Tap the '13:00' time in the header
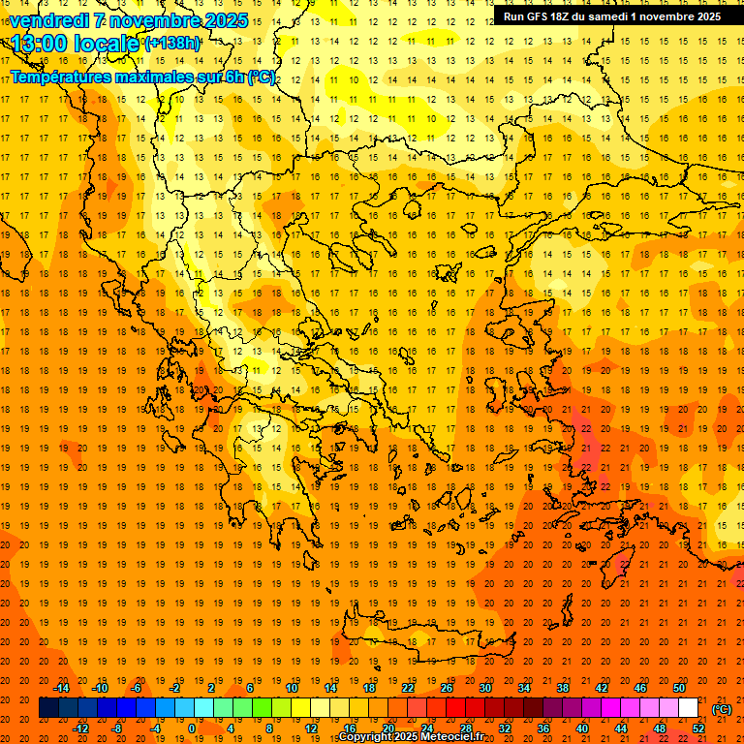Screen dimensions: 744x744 39,44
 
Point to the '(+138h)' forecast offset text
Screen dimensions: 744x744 172,44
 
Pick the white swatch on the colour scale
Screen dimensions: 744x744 688,708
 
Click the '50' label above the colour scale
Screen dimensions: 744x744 679,688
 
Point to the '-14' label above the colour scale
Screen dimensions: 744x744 61,688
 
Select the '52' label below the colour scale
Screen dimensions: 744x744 698,728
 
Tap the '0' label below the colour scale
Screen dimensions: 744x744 191,728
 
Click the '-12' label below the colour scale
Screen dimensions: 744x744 80,728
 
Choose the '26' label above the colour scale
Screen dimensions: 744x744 447,688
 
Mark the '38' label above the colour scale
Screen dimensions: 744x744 563,688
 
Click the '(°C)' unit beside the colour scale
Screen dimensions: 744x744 722,709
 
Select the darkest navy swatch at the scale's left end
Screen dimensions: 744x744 48,708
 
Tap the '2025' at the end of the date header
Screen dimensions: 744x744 224,20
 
